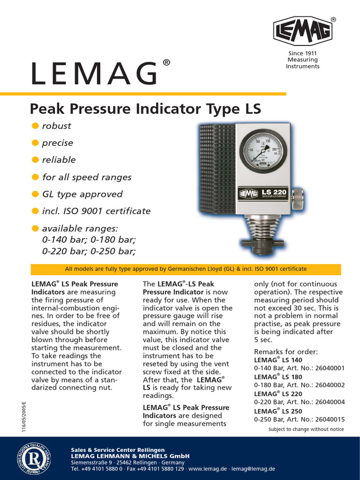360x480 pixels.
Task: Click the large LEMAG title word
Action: click(x=94, y=74)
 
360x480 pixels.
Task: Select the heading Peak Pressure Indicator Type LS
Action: click(x=145, y=109)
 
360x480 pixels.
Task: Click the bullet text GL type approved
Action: click(x=82, y=194)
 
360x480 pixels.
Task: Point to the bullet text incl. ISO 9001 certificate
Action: click(x=96, y=211)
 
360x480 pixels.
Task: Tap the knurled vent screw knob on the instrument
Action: click(x=297, y=199)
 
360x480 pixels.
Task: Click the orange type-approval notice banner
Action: click(x=186, y=269)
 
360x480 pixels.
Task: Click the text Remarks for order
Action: click(x=286, y=352)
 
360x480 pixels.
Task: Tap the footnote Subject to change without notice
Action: click(x=306, y=429)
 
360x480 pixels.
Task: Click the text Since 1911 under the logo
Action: click(x=302, y=53)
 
